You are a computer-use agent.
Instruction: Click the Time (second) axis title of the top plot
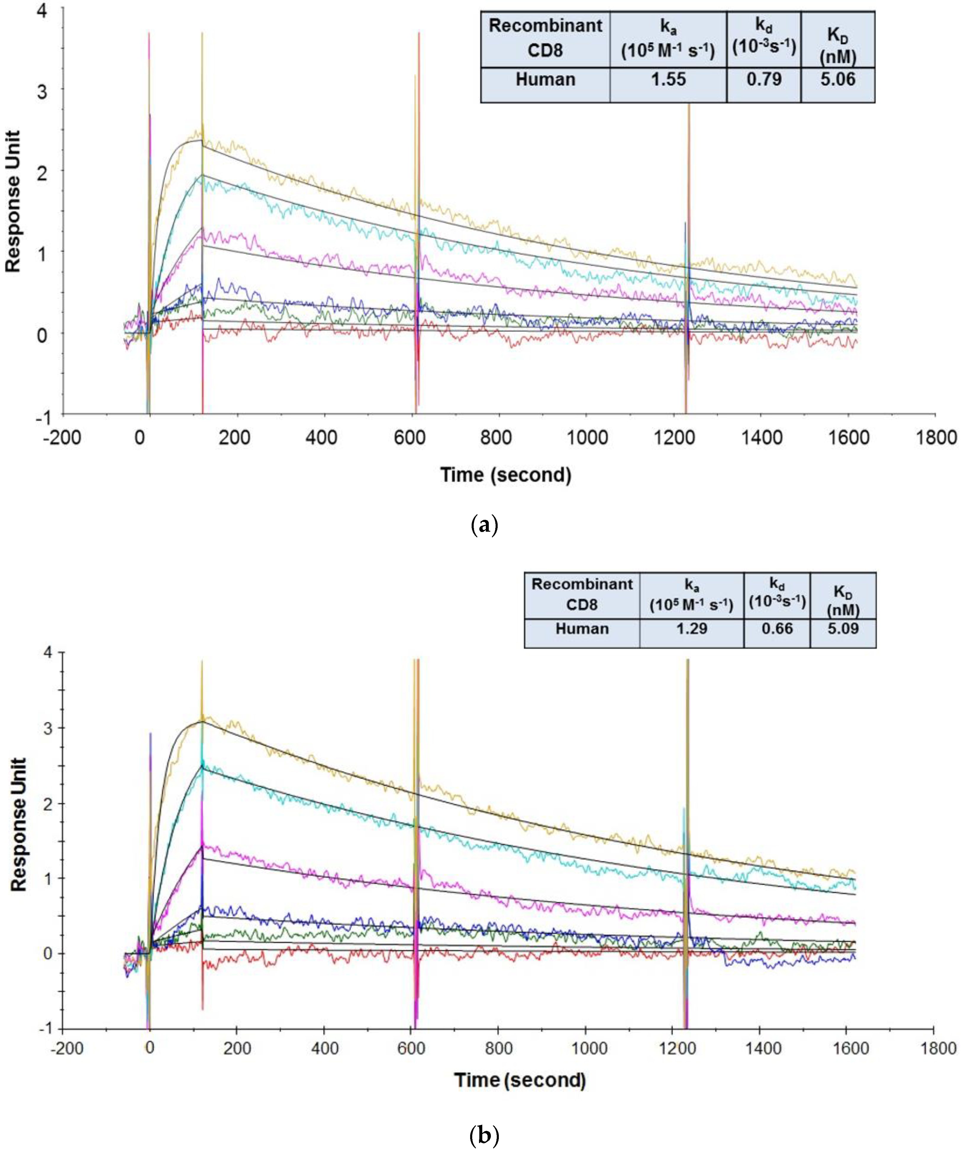click(506, 475)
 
